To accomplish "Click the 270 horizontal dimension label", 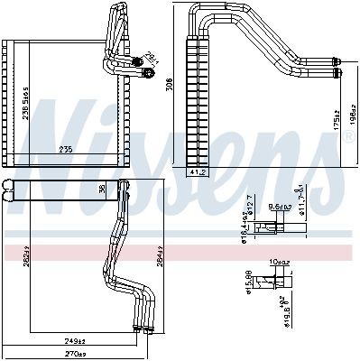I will click(x=74, y=354).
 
